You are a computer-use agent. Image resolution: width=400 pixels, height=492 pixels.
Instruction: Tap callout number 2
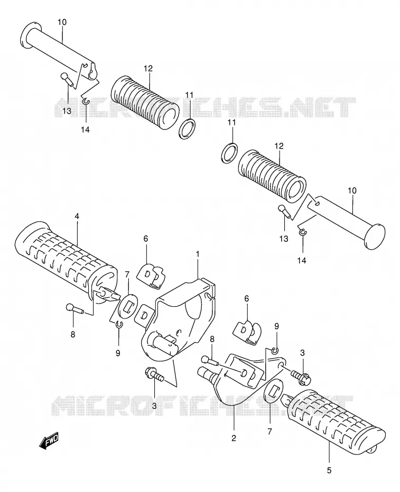[x=234, y=439]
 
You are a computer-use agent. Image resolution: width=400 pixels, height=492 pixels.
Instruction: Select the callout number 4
[x=77, y=216]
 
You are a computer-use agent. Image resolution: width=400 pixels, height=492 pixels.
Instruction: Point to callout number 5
[x=329, y=470]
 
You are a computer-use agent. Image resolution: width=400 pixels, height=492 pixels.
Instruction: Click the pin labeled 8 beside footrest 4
[x=75, y=309]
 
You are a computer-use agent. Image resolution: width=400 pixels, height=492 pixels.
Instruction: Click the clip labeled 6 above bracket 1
[x=151, y=275]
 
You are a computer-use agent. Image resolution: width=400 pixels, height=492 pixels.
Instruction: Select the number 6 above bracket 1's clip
[x=146, y=239]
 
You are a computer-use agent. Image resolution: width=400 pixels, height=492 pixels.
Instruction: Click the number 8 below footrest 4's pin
[x=73, y=335]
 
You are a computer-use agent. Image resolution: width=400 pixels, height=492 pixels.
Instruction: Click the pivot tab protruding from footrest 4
[x=108, y=294]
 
